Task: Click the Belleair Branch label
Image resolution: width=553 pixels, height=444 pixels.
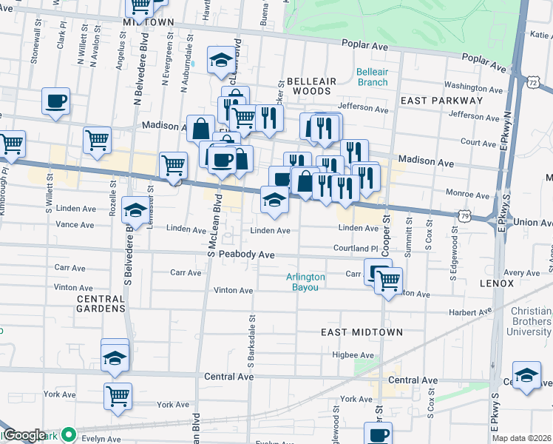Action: pos(371,77)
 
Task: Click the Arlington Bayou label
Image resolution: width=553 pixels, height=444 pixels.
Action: pos(305,282)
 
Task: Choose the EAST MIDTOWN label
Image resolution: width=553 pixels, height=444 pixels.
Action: pos(362,333)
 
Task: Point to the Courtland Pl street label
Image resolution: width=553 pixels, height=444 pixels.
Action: pos(355,249)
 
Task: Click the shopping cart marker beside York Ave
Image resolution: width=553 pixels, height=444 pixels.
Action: pos(118,395)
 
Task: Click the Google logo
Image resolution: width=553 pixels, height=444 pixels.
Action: pos(24,435)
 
